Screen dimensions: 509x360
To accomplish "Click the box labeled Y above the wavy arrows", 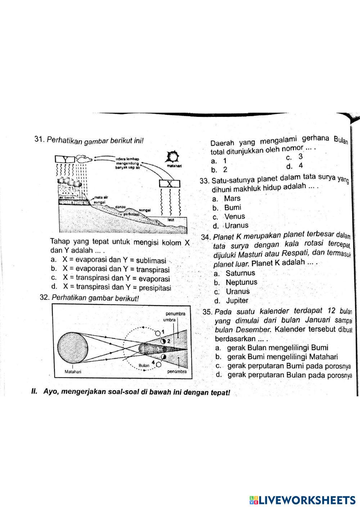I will point(65,159).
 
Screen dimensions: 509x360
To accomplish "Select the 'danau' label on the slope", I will point(120,207).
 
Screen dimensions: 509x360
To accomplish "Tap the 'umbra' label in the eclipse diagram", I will point(170,319).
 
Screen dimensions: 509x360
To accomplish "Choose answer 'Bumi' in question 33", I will point(233,208).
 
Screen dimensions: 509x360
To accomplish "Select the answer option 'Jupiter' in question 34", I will point(237,301).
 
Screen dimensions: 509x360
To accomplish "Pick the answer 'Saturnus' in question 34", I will point(240,273).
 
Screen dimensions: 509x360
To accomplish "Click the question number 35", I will point(208,312).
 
